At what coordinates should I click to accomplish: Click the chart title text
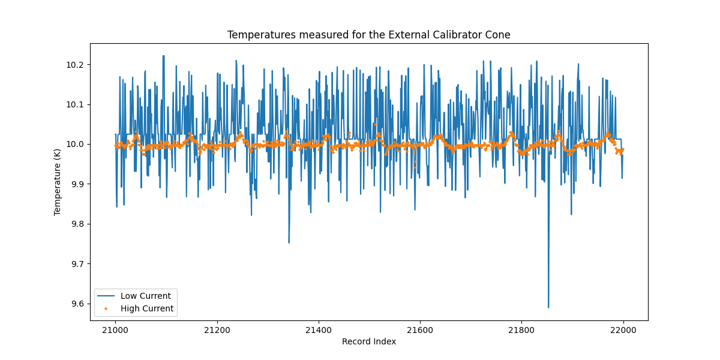(368, 35)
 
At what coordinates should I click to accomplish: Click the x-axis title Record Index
(368, 341)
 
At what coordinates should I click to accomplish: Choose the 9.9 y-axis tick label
(79, 184)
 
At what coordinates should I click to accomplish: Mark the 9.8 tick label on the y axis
(79, 224)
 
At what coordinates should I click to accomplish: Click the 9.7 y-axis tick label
(79, 264)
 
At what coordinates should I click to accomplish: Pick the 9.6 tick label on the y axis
(79, 304)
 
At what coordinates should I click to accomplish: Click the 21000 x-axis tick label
(115, 330)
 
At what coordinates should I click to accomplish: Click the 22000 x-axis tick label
(623, 330)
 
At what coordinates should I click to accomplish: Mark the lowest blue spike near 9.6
(548, 307)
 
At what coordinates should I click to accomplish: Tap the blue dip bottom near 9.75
(289, 242)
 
